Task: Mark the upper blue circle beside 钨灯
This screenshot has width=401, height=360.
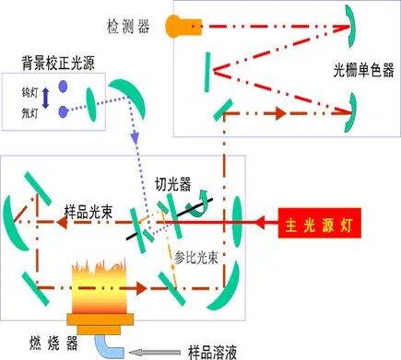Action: pos(64,87)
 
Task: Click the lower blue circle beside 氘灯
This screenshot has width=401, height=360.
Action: pos(64,112)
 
